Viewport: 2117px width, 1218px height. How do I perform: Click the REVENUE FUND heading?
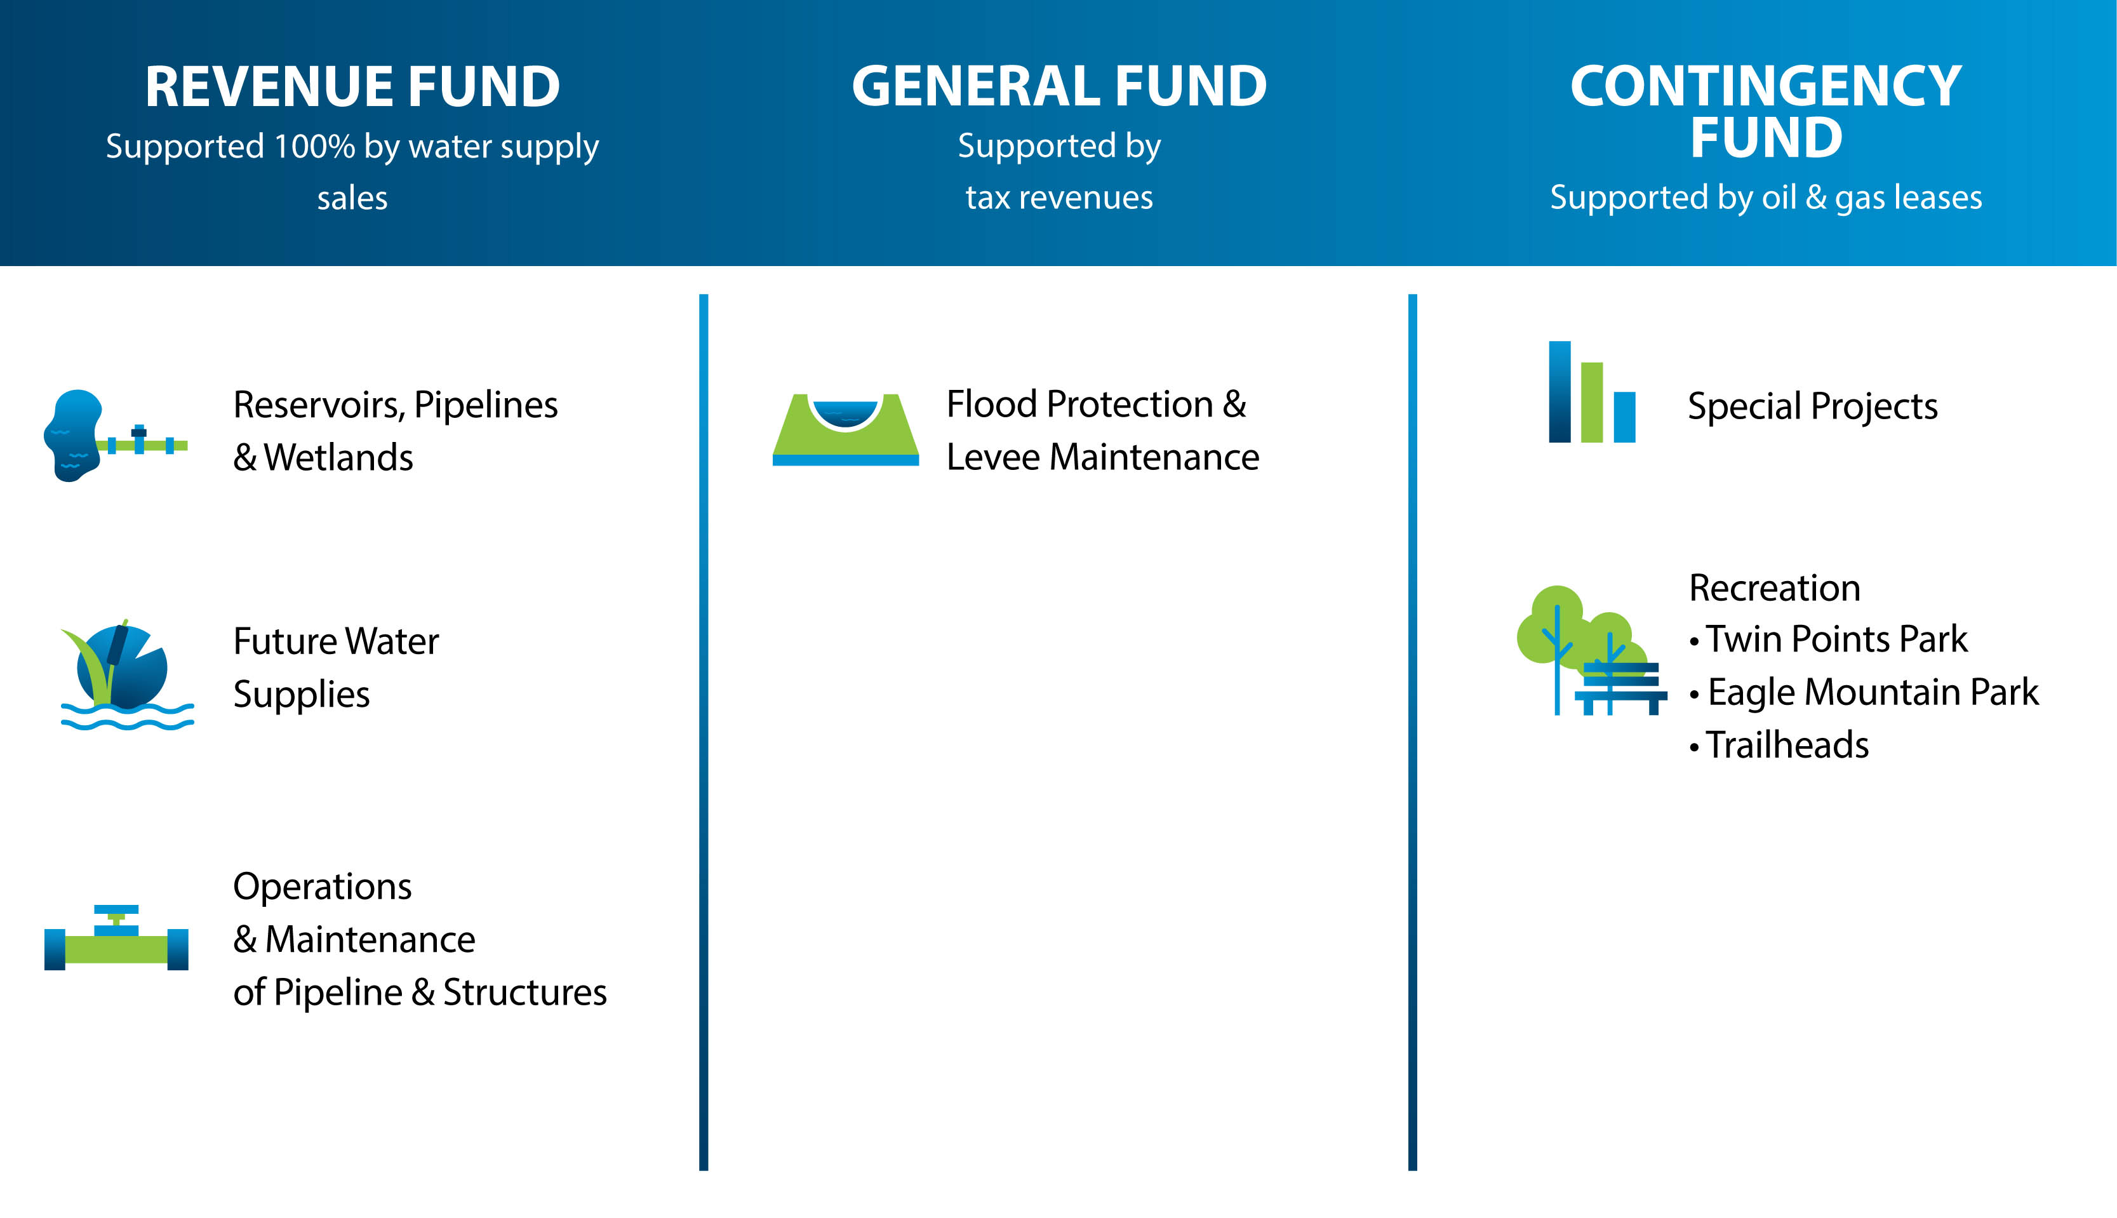[x=352, y=86]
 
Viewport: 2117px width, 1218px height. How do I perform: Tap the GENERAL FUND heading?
[x=1059, y=86]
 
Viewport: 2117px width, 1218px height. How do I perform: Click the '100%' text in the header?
[x=314, y=147]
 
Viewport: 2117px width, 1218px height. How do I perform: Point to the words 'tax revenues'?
[x=1059, y=198]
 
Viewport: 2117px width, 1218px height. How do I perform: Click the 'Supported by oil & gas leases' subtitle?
[x=1766, y=198]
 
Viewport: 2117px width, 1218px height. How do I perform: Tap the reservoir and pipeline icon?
[x=116, y=435]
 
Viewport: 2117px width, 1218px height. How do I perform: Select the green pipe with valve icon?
[x=116, y=938]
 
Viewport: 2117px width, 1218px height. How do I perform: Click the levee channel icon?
[x=846, y=429]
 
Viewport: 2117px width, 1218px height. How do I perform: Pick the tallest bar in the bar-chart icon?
[x=1560, y=391]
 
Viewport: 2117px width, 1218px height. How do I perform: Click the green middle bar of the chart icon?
[x=1592, y=403]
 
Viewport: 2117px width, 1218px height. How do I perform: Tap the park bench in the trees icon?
[x=1621, y=688]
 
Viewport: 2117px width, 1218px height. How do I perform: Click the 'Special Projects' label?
[x=1813, y=406]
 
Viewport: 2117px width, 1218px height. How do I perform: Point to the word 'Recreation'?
[x=1775, y=588]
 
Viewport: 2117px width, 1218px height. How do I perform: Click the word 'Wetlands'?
[x=338, y=458]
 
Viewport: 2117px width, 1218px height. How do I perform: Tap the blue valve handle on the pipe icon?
[x=116, y=910]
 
